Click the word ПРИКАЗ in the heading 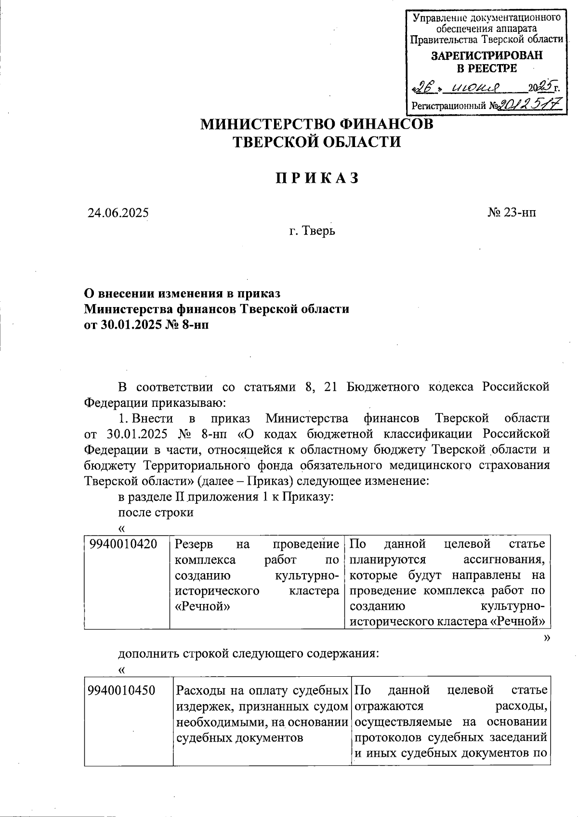pos(317,178)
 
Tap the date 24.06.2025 pos(118,213)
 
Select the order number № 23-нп pos(512,213)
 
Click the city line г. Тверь pos(312,231)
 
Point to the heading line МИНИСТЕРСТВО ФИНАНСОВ pos(316,124)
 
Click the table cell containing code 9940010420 pos(123,544)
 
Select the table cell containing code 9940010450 pos(121,691)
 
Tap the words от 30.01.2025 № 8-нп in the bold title pos(147,324)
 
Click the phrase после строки pos(156,512)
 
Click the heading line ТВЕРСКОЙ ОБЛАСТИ pos(316,142)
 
